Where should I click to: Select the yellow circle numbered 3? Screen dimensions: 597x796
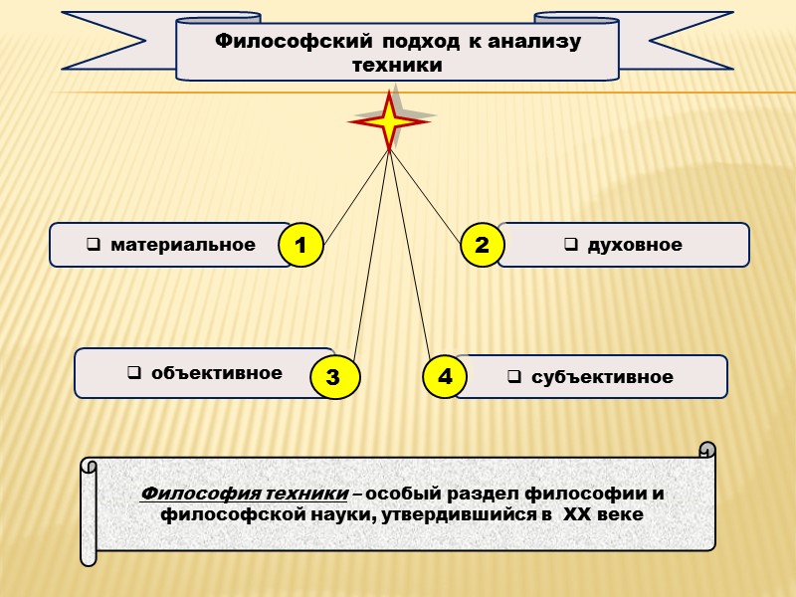tap(333, 377)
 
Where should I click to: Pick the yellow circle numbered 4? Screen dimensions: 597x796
tap(445, 376)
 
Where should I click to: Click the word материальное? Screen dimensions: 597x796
tap(183, 244)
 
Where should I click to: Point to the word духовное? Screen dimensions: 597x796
tap(635, 245)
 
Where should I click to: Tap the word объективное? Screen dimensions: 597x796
tap(217, 373)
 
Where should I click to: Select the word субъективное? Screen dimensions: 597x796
tap(602, 377)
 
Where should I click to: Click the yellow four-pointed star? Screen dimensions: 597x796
tap(389, 121)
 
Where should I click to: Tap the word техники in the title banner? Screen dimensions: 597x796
tap(397, 65)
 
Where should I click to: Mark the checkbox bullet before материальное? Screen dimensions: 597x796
tap(93, 245)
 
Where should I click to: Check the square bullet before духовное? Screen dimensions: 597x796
tap(571, 245)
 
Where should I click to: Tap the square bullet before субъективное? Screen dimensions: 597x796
tap(514, 377)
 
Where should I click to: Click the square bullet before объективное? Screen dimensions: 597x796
tap(133, 374)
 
